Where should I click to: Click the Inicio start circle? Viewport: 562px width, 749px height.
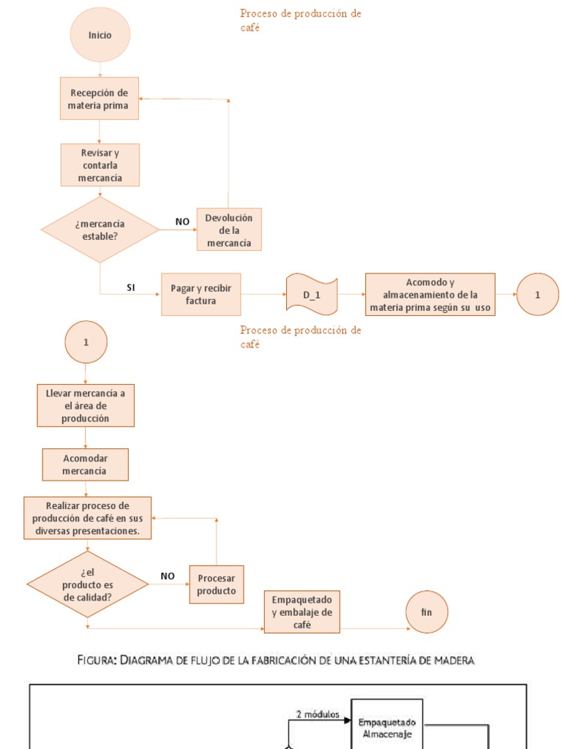tap(100, 35)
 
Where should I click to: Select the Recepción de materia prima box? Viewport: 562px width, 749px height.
tap(100, 99)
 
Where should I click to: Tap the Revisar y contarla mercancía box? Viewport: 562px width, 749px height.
tap(100, 165)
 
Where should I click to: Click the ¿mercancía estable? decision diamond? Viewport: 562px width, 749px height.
tap(100, 230)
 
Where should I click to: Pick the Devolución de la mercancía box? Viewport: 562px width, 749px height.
tap(228, 230)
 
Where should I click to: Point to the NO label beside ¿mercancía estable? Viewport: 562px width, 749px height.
tap(182, 221)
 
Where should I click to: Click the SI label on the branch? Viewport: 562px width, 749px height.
tap(130, 287)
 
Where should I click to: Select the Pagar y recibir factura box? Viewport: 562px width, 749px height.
tap(201, 294)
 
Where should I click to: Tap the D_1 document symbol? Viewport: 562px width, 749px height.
tap(312, 294)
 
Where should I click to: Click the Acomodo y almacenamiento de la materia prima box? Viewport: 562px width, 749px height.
tap(430, 294)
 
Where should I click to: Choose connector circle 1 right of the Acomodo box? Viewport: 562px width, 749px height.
tap(537, 294)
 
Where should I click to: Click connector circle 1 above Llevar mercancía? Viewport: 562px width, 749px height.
tap(86, 342)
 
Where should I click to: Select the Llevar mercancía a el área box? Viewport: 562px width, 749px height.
tap(86, 406)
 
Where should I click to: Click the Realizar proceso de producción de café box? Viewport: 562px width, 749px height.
tap(88, 519)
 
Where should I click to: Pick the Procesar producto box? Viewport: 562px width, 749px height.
tap(217, 584)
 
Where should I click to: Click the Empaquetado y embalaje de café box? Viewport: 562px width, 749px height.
tap(301, 611)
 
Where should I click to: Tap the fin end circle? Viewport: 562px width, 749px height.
tap(427, 611)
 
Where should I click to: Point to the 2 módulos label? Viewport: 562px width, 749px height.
tap(317, 715)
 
